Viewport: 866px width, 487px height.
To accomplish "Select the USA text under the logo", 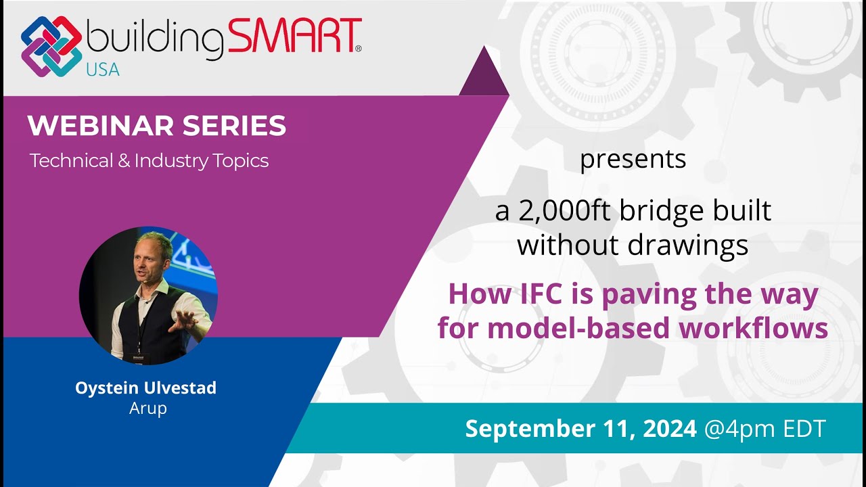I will point(102,68).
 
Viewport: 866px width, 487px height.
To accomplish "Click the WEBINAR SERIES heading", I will point(156,126).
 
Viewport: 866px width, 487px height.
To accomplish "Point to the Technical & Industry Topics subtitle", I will point(149,161).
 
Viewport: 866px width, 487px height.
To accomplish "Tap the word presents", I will point(633,160).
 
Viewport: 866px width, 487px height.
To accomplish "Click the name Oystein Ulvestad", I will point(146,388).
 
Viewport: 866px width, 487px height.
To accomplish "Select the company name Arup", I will point(147,409).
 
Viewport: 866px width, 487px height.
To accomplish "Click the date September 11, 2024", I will point(580,428).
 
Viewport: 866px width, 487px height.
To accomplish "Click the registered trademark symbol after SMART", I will point(358,49).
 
